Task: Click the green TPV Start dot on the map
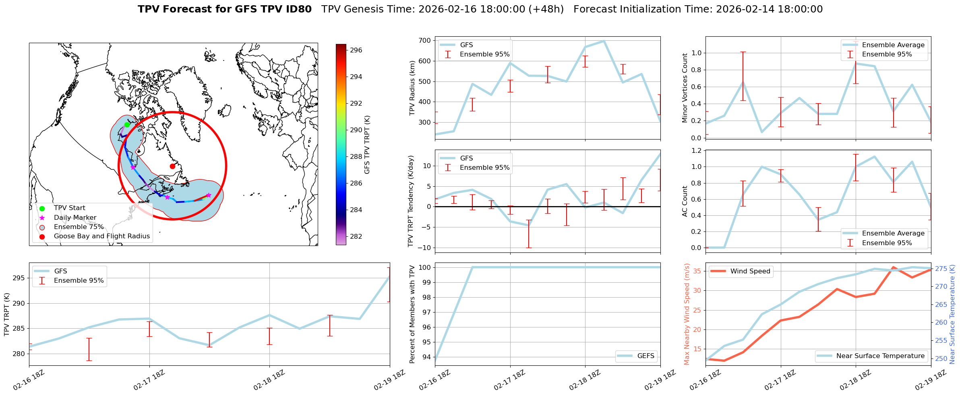point(127,125)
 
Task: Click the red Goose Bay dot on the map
point(172,166)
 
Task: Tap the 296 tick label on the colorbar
point(356,50)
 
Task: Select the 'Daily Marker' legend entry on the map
point(75,218)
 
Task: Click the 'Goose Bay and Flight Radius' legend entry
point(101,236)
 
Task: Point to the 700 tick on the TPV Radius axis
point(424,41)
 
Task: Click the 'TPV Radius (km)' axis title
point(412,88)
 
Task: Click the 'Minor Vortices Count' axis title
point(685,88)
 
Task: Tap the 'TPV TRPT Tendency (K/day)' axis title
point(411,201)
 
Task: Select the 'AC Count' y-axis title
point(685,201)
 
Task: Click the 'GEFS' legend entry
point(646,356)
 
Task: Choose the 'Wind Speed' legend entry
point(750,271)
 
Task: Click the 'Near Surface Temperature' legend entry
point(880,356)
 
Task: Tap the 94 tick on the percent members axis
point(426,357)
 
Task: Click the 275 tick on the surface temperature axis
point(941,269)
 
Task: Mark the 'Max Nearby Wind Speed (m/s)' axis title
point(687,314)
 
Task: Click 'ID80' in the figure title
point(299,9)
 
